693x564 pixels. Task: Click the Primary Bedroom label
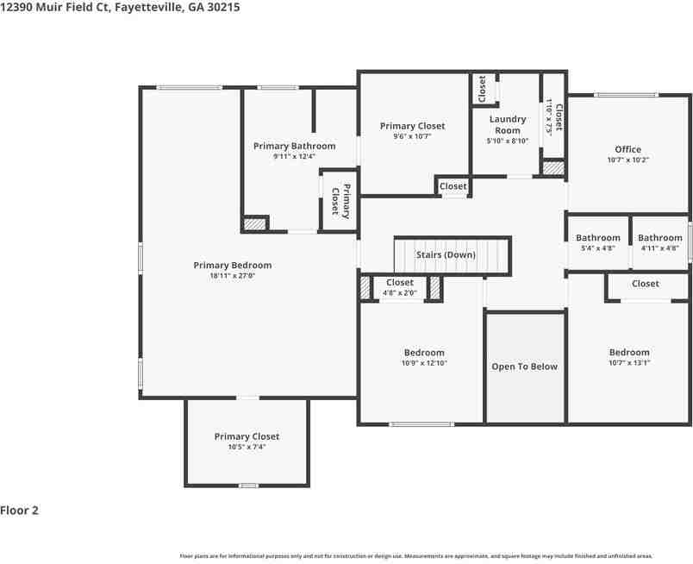[232, 266]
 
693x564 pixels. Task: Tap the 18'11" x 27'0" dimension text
[232, 276]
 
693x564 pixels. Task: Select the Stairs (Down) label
[446, 255]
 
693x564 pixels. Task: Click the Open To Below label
[524, 367]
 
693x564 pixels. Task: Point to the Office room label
[627, 150]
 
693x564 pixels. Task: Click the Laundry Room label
[507, 125]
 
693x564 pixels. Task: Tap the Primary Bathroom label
[294, 147]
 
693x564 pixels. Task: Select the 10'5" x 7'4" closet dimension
[247, 447]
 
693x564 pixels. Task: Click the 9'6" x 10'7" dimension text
[412, 136]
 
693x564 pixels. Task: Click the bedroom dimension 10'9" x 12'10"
[424, 363]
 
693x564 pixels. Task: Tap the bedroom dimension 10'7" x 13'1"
[629, 363]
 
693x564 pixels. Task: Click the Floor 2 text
[19, 511]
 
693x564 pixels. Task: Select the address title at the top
[120, 7]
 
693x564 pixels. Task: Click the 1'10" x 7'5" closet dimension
[549, 116]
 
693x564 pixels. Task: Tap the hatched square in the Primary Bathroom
[254, 224]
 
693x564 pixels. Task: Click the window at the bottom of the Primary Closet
[248, 486]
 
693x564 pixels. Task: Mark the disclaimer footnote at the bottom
[415, 556]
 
